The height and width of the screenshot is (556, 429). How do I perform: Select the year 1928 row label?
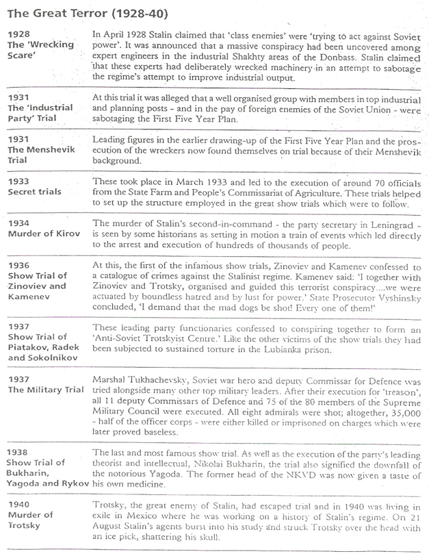tap(17, 33)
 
